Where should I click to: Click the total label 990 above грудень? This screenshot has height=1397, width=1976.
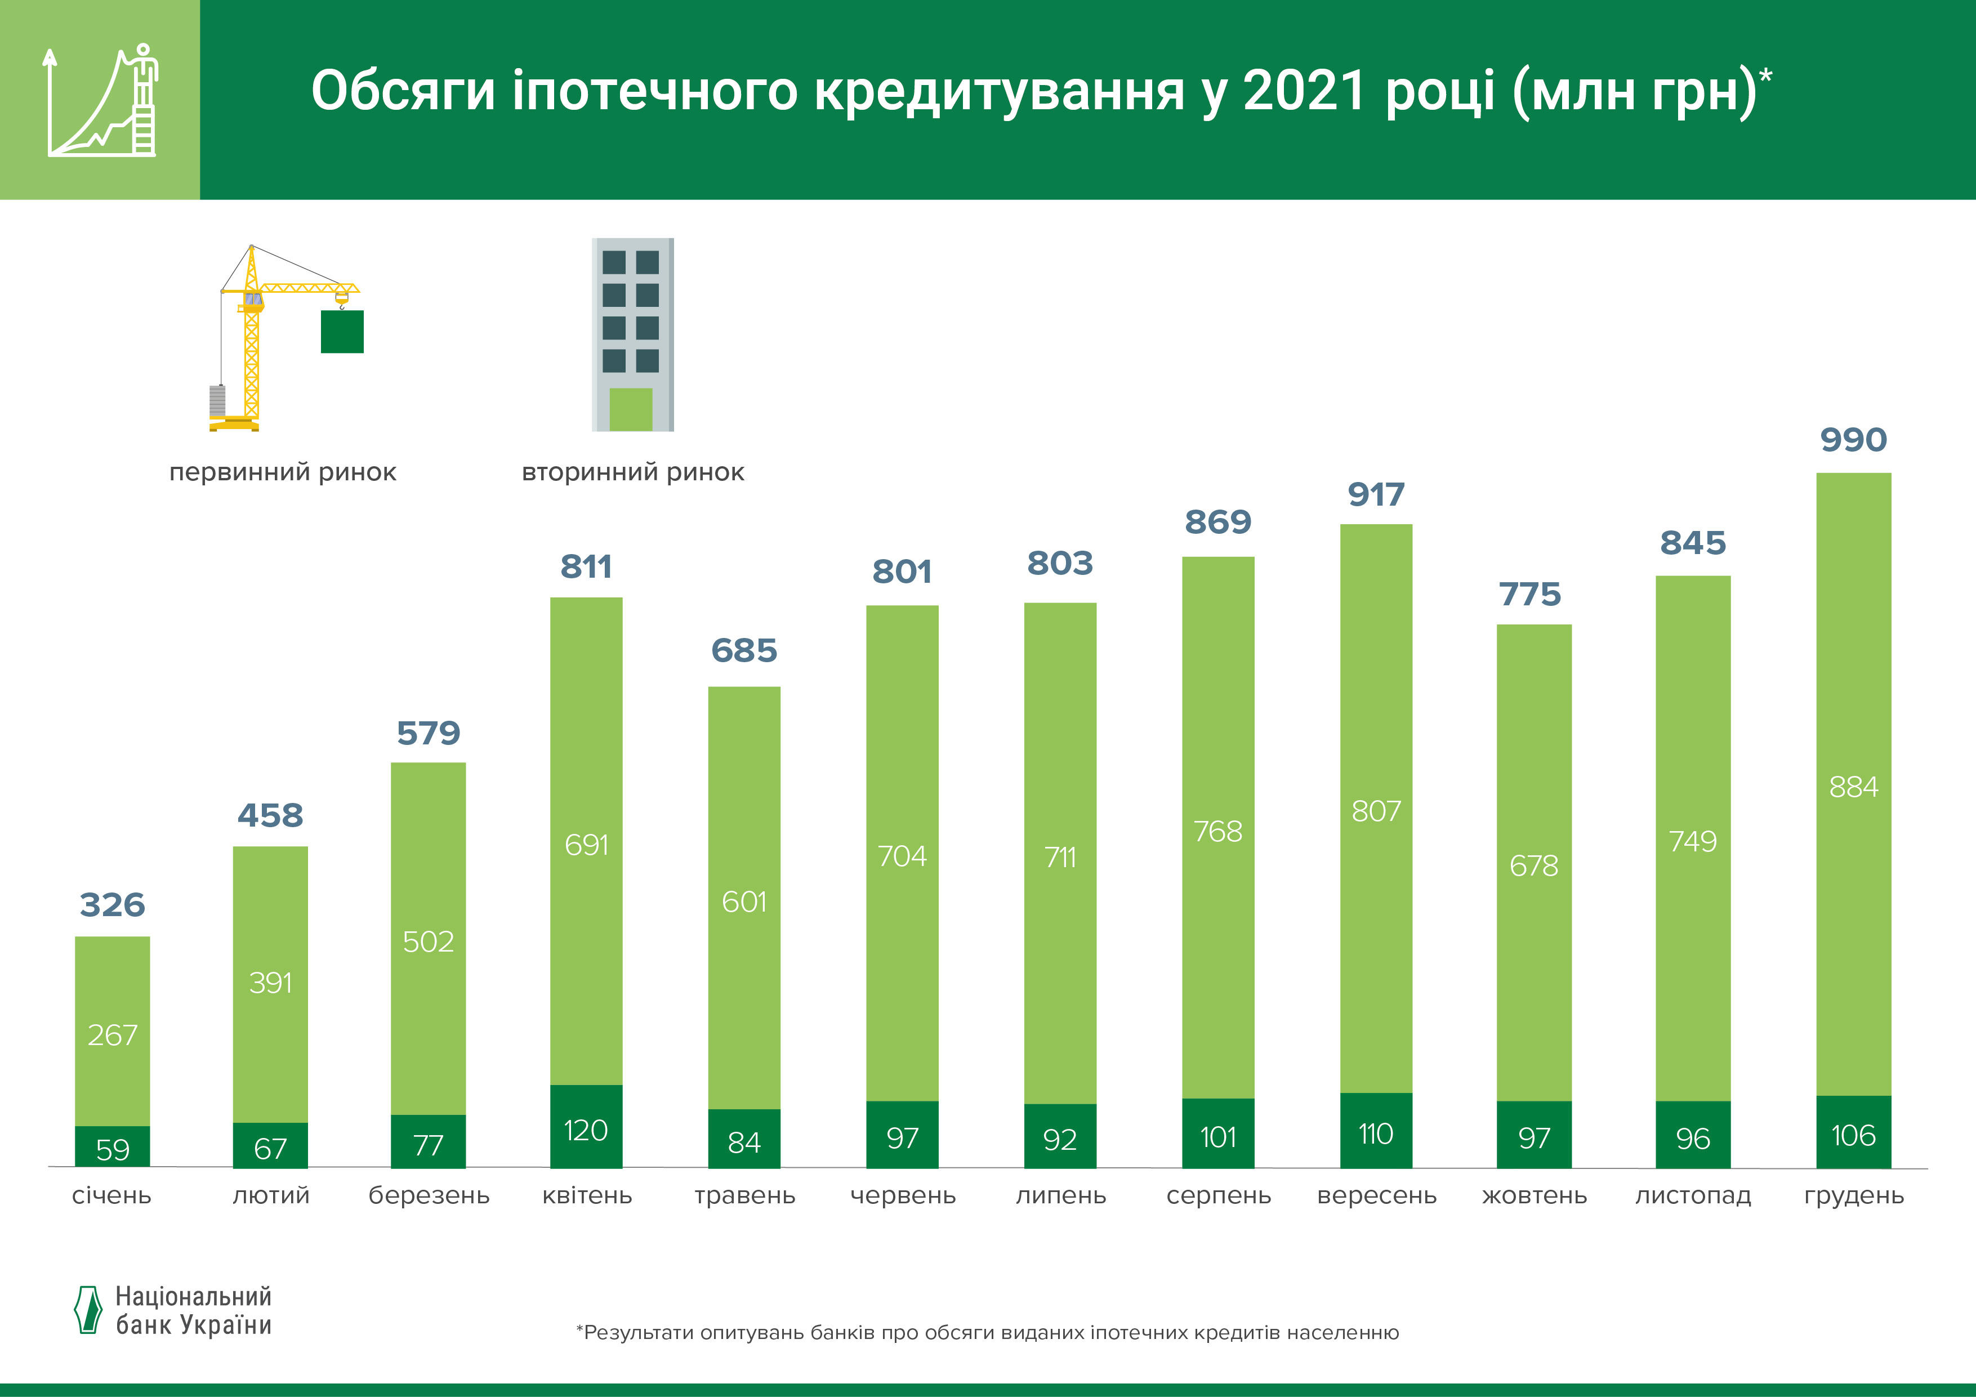[x=1853, y=440]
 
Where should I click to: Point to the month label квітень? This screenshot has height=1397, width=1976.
[x=587, y=1195]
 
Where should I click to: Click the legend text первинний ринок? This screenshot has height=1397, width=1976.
[x=282, y=472]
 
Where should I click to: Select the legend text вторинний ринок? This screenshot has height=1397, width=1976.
[x=632, y=472]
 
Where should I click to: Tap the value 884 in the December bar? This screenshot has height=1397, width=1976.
[x=1853, y=787]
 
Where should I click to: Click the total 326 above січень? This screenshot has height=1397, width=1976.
[x=112, y=905]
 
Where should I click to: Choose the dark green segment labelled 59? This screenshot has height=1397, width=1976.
[x=112, y=1148]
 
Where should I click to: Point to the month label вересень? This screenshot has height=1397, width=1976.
[x=1376, y=1195]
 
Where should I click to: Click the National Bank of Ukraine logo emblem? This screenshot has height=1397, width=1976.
[x=88, y=1310]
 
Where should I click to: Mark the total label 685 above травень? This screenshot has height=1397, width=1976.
[x=743, y=651]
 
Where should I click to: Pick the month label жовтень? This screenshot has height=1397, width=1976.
[x=1533, y=1195]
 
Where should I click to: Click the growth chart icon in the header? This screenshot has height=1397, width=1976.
[x=100, y=101]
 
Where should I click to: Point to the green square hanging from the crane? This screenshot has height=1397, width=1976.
[x=342, y=332]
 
